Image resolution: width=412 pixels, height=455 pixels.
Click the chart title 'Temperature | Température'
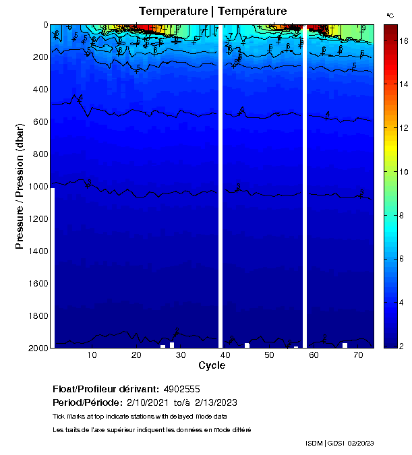(x=212, y=11)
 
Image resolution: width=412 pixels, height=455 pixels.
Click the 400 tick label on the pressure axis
(x=38, y=89)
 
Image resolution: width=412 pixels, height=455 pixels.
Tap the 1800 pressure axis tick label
(x=36, y=315)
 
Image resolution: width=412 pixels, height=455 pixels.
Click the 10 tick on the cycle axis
(x=92, y=355)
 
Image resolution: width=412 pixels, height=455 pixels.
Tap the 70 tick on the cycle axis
(x=358, y=355)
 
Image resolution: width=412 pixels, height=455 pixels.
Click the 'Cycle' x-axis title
(x=212, y=365)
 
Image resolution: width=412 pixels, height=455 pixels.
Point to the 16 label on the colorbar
(x=404, y=41)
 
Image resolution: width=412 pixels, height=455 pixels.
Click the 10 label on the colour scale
(x=404, y=172)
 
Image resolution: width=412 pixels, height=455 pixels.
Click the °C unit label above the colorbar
(x=390, y=15)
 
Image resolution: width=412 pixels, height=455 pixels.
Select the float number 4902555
(x=182, y=390)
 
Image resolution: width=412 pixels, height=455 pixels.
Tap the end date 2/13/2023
(x=216, y=403)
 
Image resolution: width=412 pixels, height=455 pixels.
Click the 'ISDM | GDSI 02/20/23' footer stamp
(x=339, y=443)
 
